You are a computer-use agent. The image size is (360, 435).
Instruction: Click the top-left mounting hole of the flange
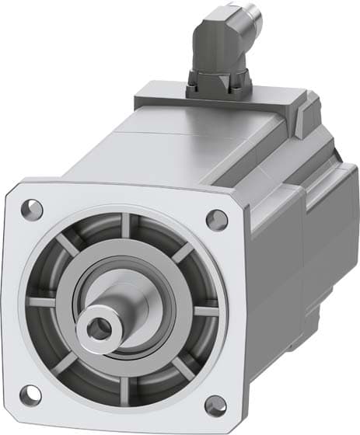tap(32, 208)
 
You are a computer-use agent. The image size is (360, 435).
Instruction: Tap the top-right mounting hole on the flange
tap(217, 220)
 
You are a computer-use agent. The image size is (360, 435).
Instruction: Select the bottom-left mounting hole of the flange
tap(30, 394)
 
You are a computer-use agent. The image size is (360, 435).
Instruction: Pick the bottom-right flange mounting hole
tap(215, 405)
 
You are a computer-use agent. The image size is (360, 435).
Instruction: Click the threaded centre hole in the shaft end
tap(97, 329)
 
